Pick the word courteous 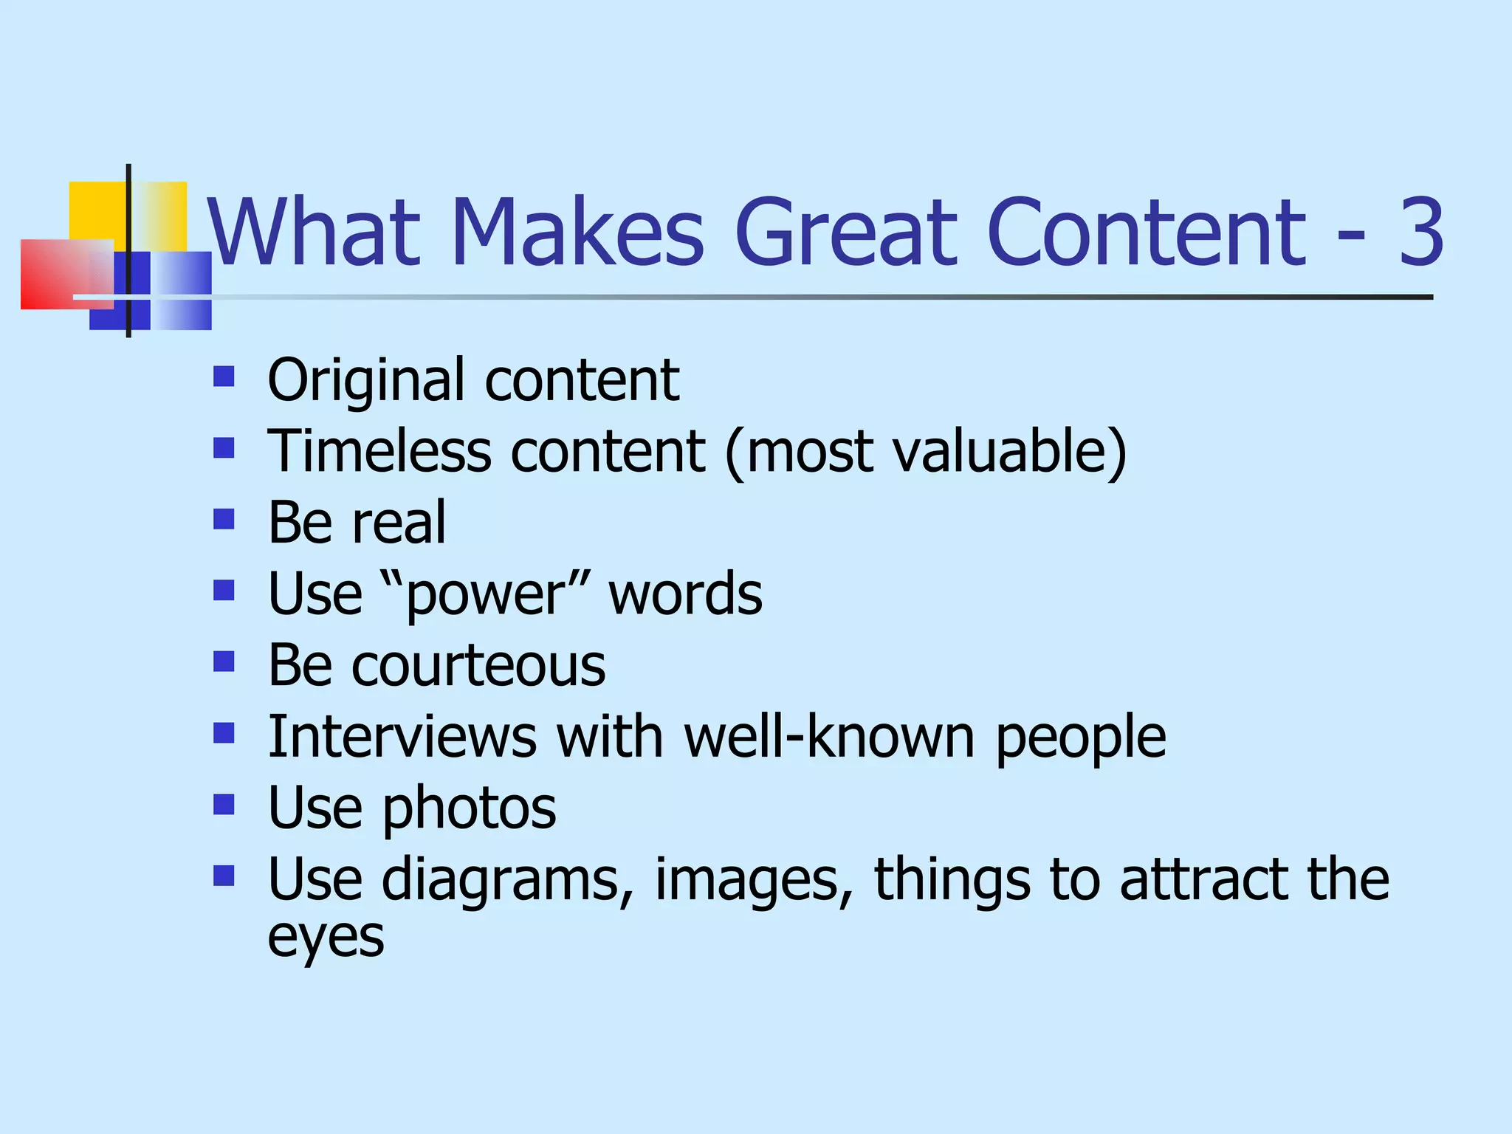(x=478, y=665)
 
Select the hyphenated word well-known (x=829, y=736)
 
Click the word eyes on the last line (x=326, y=938)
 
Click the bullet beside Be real (x=224, y=519)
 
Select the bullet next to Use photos (x=224, y=804)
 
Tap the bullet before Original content (x=224, y=377)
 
